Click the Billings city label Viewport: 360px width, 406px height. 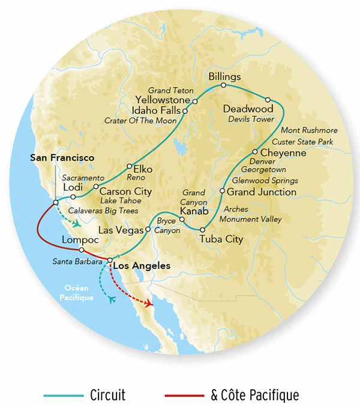tap(224, 77)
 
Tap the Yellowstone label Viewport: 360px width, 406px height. tap(162, 100)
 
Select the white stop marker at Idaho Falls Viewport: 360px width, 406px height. tap(185, 111)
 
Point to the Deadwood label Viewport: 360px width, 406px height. tap(248, 109)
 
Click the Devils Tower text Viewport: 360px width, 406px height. tap(251, 119)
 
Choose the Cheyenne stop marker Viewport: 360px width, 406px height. tap(255, 152)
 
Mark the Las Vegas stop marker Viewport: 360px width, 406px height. tap(148, 229)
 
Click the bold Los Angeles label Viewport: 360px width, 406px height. tap(142, 265)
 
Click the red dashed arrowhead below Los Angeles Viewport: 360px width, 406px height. tap(148, 305)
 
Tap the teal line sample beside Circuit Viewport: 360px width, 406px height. tap(63, 395)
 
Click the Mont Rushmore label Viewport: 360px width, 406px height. tap(309, 130)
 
